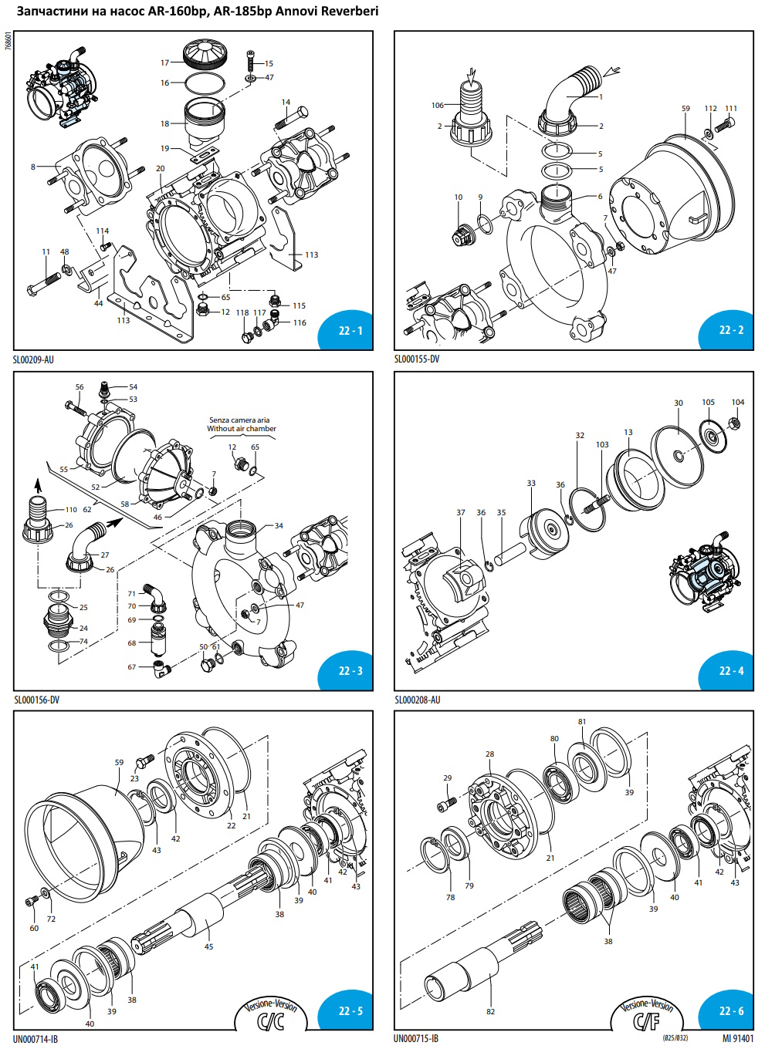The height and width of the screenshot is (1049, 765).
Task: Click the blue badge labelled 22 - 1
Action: (x=350, y=331)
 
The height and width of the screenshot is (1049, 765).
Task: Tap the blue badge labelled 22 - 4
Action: (x=731, y=671)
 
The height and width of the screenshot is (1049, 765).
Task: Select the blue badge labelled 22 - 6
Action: (x=731, y=1011)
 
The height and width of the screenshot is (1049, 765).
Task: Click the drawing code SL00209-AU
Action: (x=33, y=359)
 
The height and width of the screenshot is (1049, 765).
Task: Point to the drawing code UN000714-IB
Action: (x=36, y=1039)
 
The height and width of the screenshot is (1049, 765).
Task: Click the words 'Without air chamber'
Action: (x=242, y=429)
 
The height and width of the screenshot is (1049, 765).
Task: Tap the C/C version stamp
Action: (x=270, y=1017)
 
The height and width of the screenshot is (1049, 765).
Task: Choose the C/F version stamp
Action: (x=647, y=1017)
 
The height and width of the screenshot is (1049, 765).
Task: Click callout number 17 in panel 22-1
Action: (x=164, y=63)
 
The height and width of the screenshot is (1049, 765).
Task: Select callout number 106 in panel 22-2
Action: (x=438, y=106)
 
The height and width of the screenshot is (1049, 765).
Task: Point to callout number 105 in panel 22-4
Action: (x=708, y=403)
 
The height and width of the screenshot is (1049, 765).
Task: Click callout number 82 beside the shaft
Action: (x=490, y=1011)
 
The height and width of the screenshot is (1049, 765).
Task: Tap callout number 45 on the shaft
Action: (x=208, y=946)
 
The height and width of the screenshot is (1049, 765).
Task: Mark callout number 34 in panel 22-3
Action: (x=279, y=526)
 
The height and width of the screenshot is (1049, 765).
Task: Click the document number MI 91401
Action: (x=738, y=1038)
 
